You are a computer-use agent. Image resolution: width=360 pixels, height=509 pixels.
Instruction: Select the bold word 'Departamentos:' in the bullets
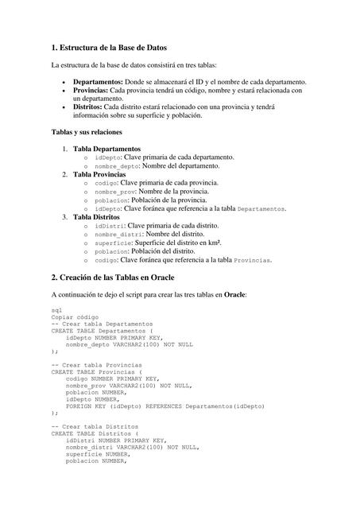[98, 82]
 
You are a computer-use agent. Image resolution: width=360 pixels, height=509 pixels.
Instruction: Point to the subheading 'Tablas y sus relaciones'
[86, 131]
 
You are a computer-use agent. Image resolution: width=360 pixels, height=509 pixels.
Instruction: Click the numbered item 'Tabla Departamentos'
[106, 149]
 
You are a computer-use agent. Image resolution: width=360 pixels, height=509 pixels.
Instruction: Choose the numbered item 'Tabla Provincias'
[99, 174]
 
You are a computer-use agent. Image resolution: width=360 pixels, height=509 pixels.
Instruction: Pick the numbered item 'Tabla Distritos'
[96, 216]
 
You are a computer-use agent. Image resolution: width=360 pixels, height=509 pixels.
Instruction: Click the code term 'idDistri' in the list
[108, 226]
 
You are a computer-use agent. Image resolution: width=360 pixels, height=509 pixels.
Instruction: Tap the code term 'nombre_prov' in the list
[115, 192]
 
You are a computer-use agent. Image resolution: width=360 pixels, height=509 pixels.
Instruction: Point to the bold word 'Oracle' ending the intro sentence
[234, 294]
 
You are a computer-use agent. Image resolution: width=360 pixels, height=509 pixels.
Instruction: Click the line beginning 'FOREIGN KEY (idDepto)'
[165, 406]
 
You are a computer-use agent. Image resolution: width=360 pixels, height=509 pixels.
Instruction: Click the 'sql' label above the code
[56, 309]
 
